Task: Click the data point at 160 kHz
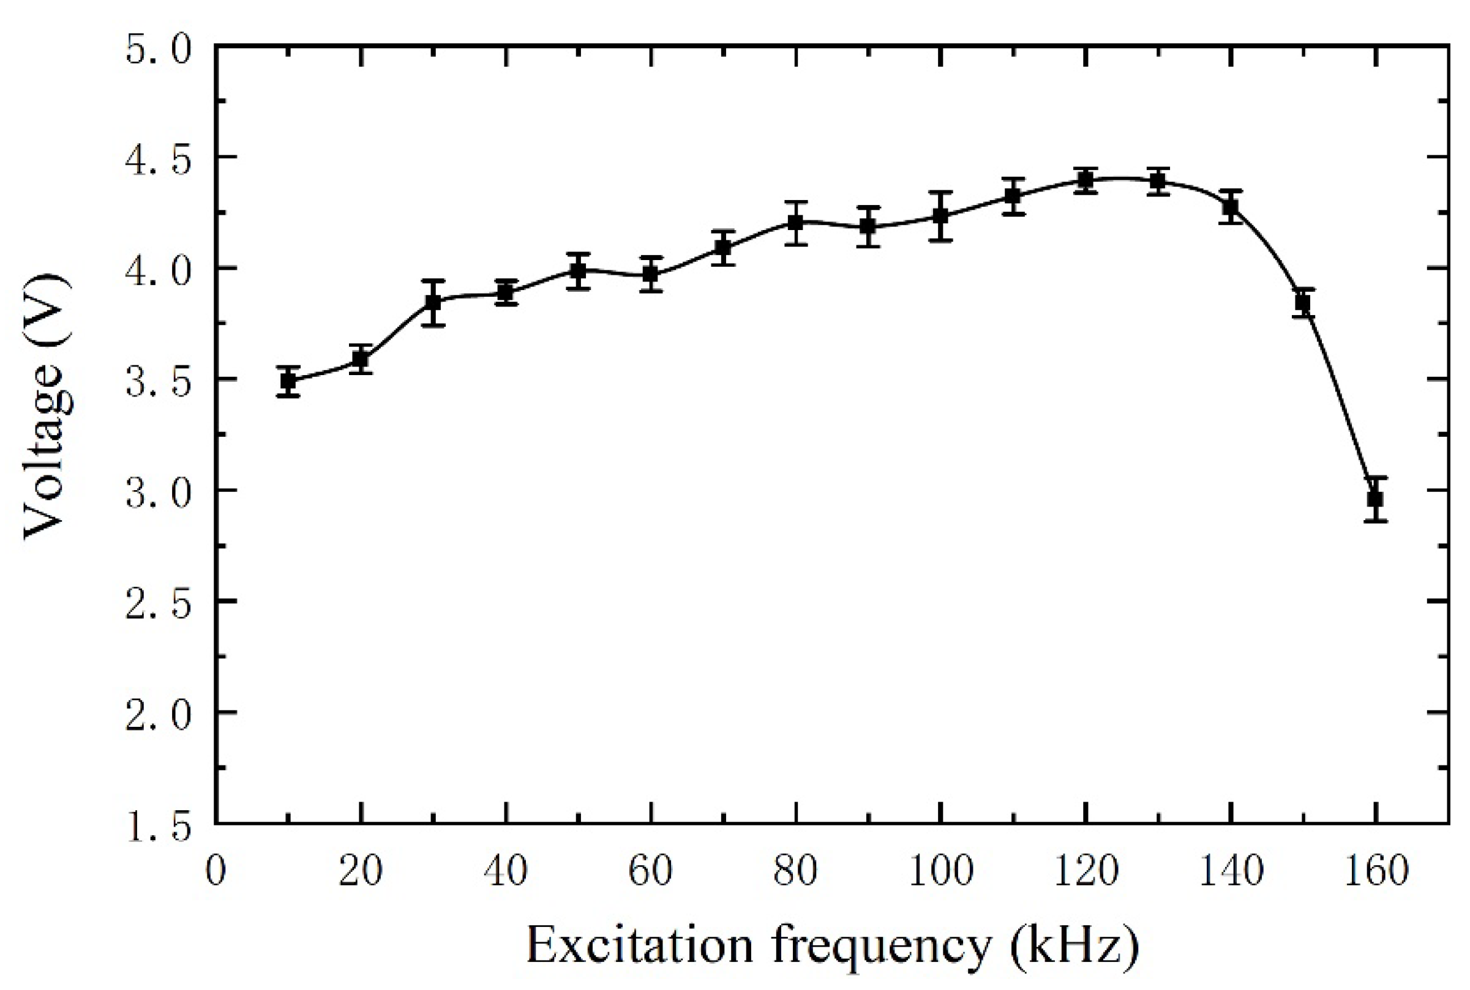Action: [x=1375, y=499]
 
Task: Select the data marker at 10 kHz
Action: [x=288, y=381]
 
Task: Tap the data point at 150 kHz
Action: [x=1303, y=303]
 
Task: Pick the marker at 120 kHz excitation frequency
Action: [x=1086, y=181]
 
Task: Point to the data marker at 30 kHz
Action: [x=433, y=302]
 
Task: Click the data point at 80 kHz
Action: [x=796, y=223]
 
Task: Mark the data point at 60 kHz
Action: [x=651, y=274]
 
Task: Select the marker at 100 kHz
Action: [x=940, y=216]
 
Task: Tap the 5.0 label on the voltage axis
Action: [x=158, y=49]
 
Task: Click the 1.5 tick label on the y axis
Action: [x=158, y=827]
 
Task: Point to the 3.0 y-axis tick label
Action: [x=158, y=494]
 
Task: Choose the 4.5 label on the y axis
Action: [x=158, y=162]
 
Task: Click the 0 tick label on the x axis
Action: [x=216, y=871]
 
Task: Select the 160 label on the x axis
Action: [x=1376, y=871]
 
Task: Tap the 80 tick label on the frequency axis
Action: [x=795, y=871]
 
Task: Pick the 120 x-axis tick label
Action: [x=1086, y=871]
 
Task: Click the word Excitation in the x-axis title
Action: [x=639, y=945]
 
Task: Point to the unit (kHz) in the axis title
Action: [x=1074, y=945]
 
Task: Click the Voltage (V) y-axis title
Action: [x=47, y=408]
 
